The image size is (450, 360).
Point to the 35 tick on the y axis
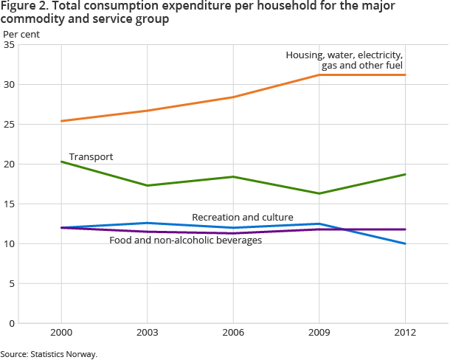(10, 45)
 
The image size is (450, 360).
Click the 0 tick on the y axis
(12, 323)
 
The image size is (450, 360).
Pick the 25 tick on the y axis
(10, 125)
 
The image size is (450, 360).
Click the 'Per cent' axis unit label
(22, 34)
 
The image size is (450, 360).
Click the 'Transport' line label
(91, 156)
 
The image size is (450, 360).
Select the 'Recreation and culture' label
(243, 217)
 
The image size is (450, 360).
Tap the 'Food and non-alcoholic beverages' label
(185, 240)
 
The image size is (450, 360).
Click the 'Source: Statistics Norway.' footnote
(49, 354)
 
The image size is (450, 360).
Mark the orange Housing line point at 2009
(319, 75)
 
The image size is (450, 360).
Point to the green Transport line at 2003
(147, 185)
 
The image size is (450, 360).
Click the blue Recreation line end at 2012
(405, 243)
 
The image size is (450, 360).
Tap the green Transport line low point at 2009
(319, 193)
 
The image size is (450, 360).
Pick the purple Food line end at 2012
(405, 229)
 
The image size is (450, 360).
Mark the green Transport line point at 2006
(233, 176)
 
